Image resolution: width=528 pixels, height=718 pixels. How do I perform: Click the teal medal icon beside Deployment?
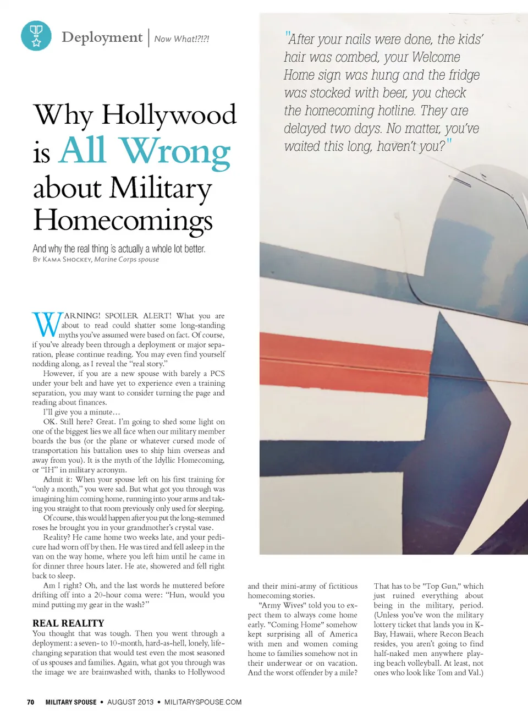pyautogui.click(x=36, y=36)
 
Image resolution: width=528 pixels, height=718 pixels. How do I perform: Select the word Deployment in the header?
pyautogui.click(x=102, y=37)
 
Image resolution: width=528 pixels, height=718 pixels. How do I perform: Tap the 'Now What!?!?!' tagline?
pyautogui.click(x=182, y=39)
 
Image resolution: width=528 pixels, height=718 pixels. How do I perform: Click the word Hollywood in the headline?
pyautogui.click(x=169, y=115)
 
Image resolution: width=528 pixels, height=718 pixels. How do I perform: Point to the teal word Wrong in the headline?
pyautogui.click(x=175, y=151)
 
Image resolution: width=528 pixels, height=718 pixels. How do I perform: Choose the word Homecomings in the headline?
pyautogui.click(x=123, y=220)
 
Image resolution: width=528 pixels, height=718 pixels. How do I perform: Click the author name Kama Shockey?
pyautogui.click(x=67, y=259)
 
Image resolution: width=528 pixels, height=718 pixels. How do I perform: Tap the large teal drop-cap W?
pyautogui.click(x=47, y=324)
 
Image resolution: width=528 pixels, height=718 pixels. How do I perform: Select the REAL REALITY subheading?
pyautogui.click(x=68, y=623)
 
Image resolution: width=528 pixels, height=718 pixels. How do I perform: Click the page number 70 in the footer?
pyautogui.click(x=31, y=702)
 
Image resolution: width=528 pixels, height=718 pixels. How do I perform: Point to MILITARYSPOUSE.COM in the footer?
pyautogui.click(x=203, y=702)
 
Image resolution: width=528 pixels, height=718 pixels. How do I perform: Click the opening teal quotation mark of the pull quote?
pyautogui.click(x=287, y=36)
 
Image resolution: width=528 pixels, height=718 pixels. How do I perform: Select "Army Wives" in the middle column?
pyautogui.click(x=282, y=605)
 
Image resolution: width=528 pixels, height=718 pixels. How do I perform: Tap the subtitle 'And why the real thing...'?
pyautogui.click(x=119, y=249)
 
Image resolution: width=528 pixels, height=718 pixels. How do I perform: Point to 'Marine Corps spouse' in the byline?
pyautogui.click(x=127, y=259)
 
